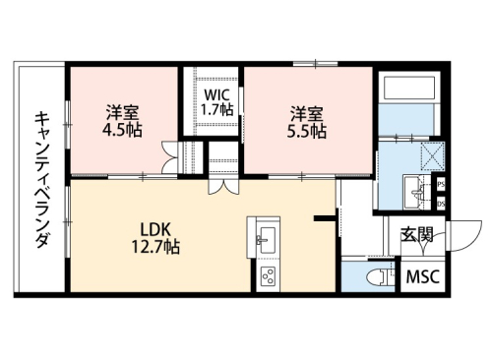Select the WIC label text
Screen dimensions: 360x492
click(x=217, y=95)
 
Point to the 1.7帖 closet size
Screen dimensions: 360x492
click(x=217, y=110)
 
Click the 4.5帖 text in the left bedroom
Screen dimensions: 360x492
click(x=122, y=130)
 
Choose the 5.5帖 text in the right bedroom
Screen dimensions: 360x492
click(x=308, y=130)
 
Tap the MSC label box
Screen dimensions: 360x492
click(x=424, y=278)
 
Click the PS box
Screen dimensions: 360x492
click(x=441, y=184)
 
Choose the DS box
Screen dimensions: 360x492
click(x=441, y=203)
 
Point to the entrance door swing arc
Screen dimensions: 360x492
click(x=462, y=234)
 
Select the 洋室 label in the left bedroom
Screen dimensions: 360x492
click(x=122, y=112)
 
